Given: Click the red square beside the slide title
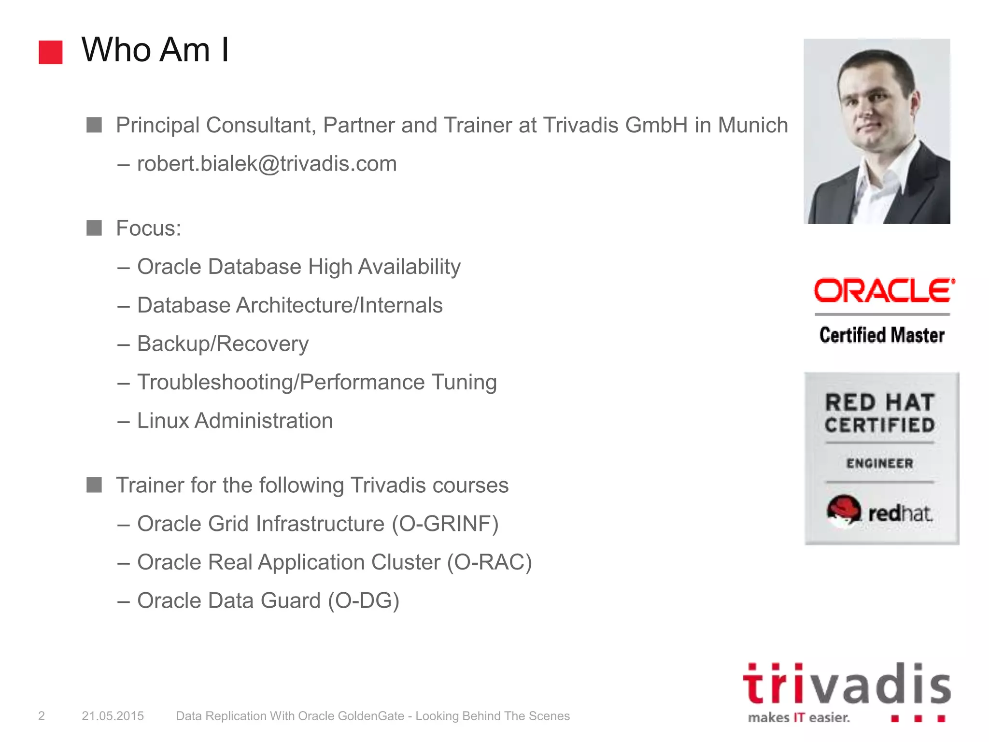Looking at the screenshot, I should [x=51, y=52].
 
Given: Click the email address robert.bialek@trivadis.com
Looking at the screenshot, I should [x=267, y=164].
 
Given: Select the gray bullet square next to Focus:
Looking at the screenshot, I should [x=94, y=228].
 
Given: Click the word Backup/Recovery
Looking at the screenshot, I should [x=223, y=344].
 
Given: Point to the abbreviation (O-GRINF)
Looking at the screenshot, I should [x=445, y=524].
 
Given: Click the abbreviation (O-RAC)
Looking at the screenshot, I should [x=489, y=562].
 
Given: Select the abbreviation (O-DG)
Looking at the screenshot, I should [x=364, y=601].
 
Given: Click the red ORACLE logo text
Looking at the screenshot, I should [x=883, y=291].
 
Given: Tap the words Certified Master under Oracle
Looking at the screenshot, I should [x=882, y=335].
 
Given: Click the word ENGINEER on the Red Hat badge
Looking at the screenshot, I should [x=879, y=463].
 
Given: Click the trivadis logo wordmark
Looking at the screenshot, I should [x=847, y=684].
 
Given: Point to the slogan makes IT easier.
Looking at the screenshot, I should [x=799, y=717].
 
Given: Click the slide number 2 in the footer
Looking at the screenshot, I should [x=42, y=716].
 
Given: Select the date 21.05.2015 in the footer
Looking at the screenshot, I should [x=113, y=716].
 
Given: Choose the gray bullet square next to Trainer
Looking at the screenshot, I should [x=94, y=485].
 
